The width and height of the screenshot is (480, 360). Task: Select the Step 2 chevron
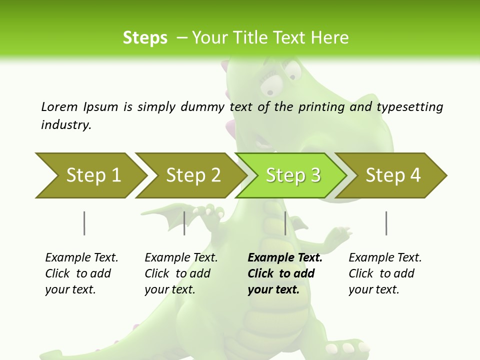point(192,175)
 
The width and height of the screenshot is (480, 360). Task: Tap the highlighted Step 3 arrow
point(292,175)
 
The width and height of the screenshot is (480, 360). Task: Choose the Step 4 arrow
point(392,175)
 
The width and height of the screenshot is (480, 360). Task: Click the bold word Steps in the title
point(145,37)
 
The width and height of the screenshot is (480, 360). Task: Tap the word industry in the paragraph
point(66,124)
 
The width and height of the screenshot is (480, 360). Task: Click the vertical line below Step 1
point(84,223)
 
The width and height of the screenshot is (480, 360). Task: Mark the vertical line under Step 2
point(184,223)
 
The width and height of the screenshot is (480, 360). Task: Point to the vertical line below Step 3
point(285,223)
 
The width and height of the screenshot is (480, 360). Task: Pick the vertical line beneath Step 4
point(386,223)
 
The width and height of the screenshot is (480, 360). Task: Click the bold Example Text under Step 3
point(285,257)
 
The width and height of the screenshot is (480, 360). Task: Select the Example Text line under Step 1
point(81,257)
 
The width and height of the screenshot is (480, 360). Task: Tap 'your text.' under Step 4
point(373,289)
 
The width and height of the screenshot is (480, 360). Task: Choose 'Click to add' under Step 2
point(177,273)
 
